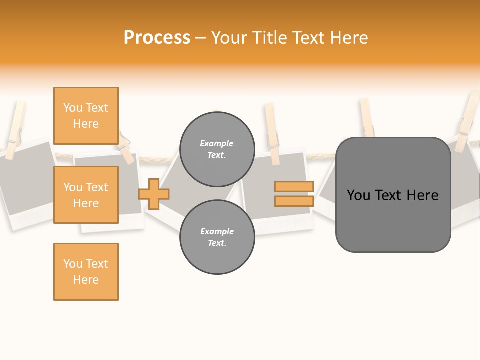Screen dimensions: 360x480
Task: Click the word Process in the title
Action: [157, 38]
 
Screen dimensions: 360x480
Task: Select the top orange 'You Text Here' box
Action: [86, 116]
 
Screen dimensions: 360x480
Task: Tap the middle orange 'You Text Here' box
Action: [86, 195]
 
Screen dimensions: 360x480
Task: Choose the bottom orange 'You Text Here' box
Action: [86, 272]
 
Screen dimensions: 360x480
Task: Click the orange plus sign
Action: [154, 194]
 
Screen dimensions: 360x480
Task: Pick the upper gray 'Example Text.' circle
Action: [217, 149]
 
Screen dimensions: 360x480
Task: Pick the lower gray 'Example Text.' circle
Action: [217, 237]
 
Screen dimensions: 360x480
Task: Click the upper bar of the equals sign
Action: [294, 186]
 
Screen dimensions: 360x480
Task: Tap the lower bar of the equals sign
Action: [294, 201]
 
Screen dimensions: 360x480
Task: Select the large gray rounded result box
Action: [393, 220]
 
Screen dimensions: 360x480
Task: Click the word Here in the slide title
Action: [348, 38]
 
